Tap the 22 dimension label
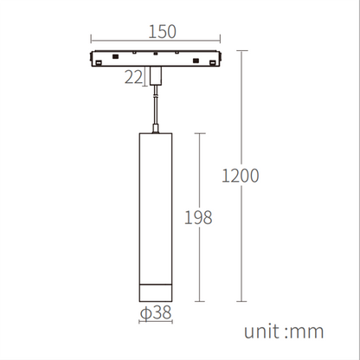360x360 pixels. pyautogui.click(x=134, y=78)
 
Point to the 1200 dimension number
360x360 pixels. pyautogui.click(x=241, y=176)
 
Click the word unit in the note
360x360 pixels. pyautogui.click(x=263, y=331)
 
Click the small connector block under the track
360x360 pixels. pyautogui.click(x=155, y=76)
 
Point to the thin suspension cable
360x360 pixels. pyautogui.click(x=155, y=108)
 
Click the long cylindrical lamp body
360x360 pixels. pyautogui.click(x=154, y=208)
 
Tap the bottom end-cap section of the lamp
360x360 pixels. pyautogui.click(x=154, y=293)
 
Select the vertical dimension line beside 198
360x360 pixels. pyautogui.click(x=201, y=173)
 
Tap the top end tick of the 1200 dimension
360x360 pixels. pyautogui.click(x=241, y=50)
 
